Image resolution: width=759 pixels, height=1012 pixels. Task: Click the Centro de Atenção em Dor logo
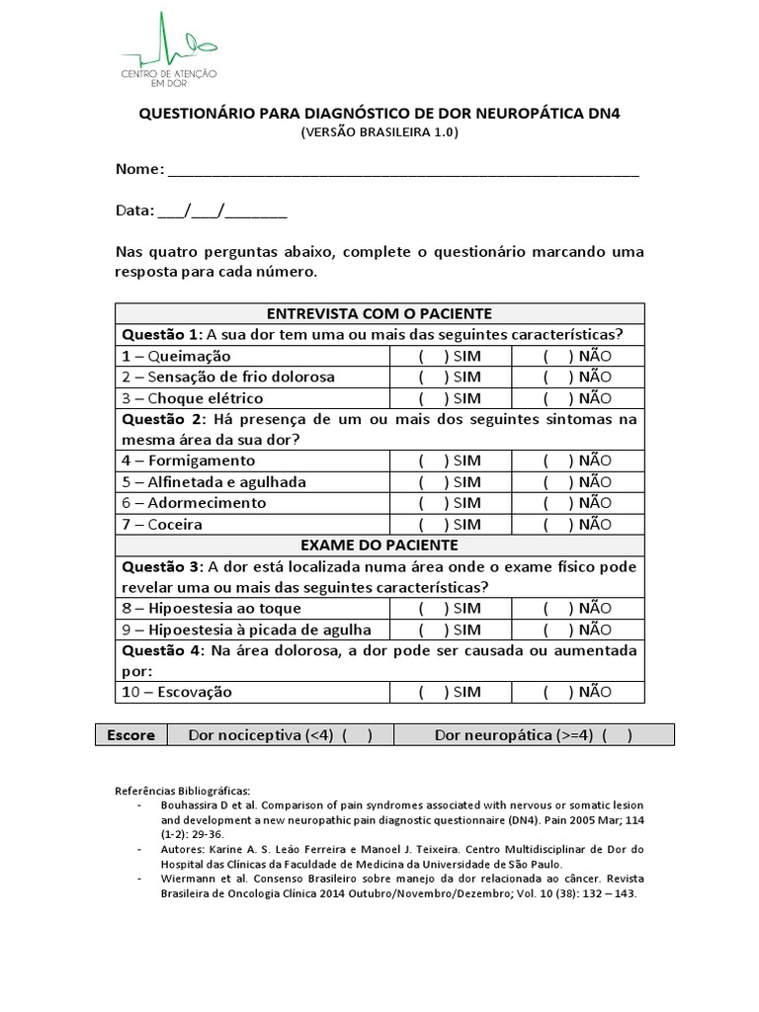click(169, 50)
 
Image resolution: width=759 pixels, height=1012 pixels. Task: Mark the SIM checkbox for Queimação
click(433, 356)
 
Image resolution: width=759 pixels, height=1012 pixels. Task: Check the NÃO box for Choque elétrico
click(557, 398)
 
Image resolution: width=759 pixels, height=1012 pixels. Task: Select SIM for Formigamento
click(433, 461)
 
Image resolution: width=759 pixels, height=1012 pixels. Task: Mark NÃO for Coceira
click(557, 524)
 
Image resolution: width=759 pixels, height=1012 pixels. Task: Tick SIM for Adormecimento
click(433, 503)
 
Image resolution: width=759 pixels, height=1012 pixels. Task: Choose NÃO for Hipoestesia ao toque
click(557, 608)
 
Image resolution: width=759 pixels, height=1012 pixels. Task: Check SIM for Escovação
click(433, 692)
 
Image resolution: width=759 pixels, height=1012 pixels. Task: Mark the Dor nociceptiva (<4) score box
click(357, 735)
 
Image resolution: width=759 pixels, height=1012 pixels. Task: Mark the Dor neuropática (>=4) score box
click(616, 735)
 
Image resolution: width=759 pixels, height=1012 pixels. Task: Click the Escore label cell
click(130, 735)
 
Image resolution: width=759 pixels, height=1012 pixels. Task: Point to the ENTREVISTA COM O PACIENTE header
click(379, 313)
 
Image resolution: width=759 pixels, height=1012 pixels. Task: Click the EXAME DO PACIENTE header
click(379, 545)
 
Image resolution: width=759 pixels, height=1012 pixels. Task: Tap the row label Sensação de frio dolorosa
click(228, 377)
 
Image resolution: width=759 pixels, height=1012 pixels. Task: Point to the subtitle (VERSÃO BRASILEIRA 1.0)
click(379, 132)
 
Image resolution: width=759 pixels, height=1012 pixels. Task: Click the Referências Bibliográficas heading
click(183, 791)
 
